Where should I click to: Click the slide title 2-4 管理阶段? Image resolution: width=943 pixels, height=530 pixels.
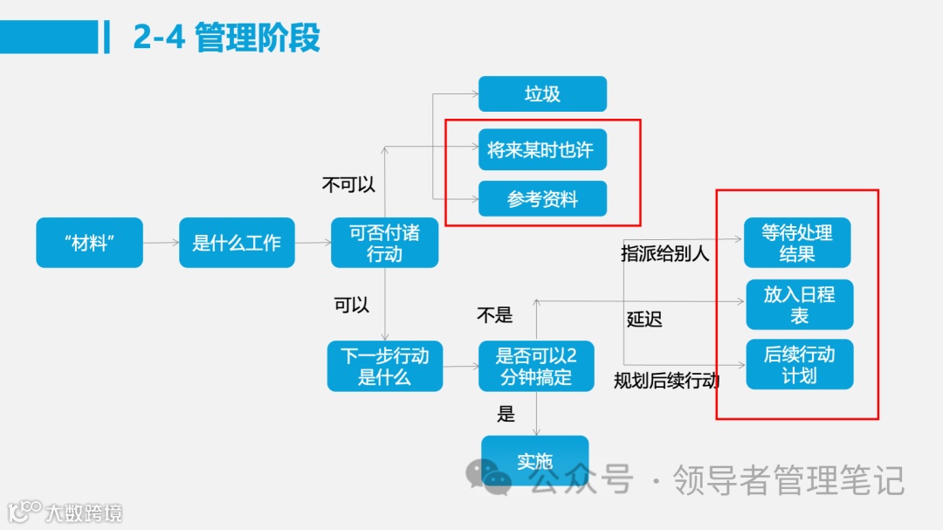pos(226,38)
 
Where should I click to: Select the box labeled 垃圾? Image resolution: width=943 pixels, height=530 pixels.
pos(542,94)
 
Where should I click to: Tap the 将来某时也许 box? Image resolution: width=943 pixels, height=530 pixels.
pos(542,150)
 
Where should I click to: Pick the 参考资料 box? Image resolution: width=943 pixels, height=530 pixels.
pos(542,199)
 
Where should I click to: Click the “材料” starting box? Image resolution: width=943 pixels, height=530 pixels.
pos(89,243)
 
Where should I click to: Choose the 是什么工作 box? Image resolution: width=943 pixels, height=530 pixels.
pos(237,243)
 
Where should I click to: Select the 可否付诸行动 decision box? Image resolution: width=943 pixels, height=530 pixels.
pos(384,243)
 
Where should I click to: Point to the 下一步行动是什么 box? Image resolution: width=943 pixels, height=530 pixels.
pos(384,367)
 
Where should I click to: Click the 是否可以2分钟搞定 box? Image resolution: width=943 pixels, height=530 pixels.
pos(536,367)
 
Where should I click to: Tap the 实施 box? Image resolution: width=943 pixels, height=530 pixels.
pos(534,460)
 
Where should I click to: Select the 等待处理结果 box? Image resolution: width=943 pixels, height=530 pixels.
pos(797,243)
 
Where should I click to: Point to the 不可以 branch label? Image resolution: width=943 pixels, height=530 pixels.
pos(348,184)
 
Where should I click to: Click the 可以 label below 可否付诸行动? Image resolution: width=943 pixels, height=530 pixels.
pos(351,305)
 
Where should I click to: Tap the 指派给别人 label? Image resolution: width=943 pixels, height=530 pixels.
pos(665,253)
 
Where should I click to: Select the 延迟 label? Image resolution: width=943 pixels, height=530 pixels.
pos(644,319)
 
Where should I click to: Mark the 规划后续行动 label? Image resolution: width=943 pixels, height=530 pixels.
pos(666,381)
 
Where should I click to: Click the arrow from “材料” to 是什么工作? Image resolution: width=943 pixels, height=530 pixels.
pos(161,243)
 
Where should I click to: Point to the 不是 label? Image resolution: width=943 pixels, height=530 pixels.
pos(494,314)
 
